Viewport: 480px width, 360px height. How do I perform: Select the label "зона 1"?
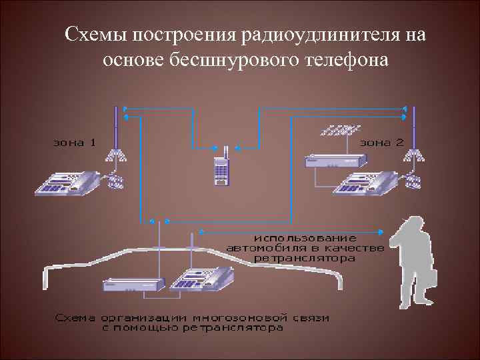point(75,142)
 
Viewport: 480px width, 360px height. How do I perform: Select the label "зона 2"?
point(382,142)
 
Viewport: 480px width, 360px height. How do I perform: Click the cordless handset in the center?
point(221,168)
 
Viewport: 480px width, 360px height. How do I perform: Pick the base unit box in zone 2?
point(335,160)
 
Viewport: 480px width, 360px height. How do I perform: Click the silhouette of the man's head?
point(411,227)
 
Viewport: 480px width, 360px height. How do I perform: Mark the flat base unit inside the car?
point(133,285)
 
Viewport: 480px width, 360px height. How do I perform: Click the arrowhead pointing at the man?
point(381,232)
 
